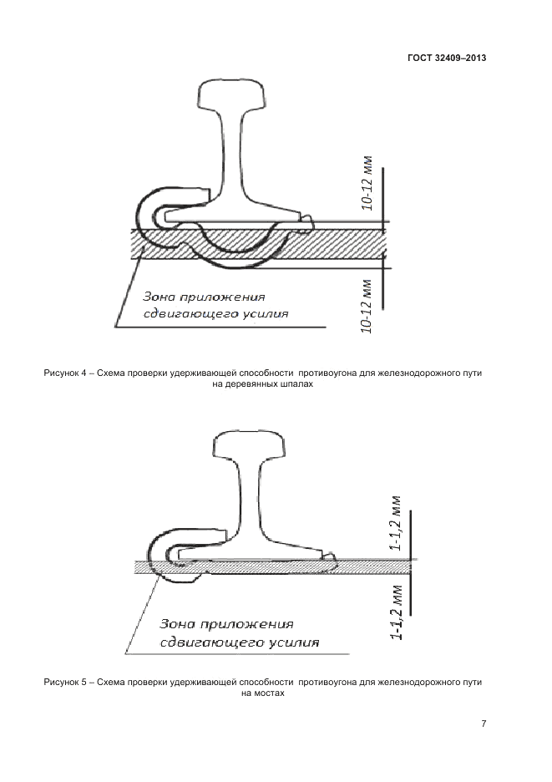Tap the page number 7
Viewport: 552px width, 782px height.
pyautogui.click(x=484, y=723)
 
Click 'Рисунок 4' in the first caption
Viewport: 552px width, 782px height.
pyautogui.click(x=64, y=374)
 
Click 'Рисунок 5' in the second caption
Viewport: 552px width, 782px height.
pyautogui.click(x=64, y=683)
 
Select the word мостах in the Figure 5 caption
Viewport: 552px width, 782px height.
pyautogui.click(x=273, y=693)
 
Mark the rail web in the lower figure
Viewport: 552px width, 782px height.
pyautogui.click(x=251, y=497)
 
